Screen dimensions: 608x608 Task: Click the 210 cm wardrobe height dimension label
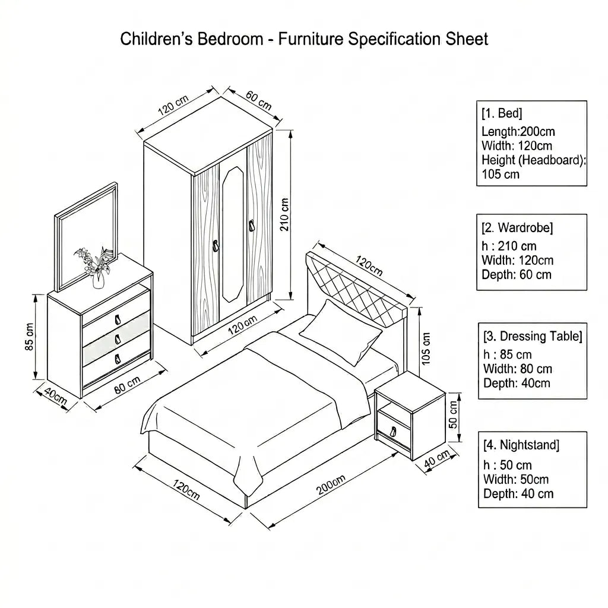pyautogui.click(x=284, y=214)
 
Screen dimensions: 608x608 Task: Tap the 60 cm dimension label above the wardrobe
pyautogui.click(x=259, y=100)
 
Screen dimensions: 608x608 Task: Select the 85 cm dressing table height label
pyautogui.click(x=30, y=337)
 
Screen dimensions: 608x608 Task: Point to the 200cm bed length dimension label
pyautogui.click(x=330, y=484)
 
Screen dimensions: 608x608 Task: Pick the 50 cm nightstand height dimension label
pyautogui.click(x=453, y=414)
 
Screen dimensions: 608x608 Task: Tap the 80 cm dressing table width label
pyautogui.click(x=127, y=385)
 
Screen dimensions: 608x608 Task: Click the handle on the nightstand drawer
pyautogui.click(x=393, y=432)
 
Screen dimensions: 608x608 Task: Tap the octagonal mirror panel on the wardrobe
pyautogui.click(x=233, y=234)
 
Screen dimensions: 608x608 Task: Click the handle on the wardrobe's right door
pyautogui.click(x=252, y=226)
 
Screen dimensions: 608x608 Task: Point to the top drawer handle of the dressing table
pyautogui.click(x=118, y=319)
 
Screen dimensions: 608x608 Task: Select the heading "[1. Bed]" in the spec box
pyautogui.click(x=502, y=113)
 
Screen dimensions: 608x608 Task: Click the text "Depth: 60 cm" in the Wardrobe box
pyautogui.click(x=516, y=274)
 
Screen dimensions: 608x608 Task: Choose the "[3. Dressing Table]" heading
pyautogui.click(x=533, y=336)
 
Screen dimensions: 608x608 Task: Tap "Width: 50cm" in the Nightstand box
pyautogui.click(x=516, y=479)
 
